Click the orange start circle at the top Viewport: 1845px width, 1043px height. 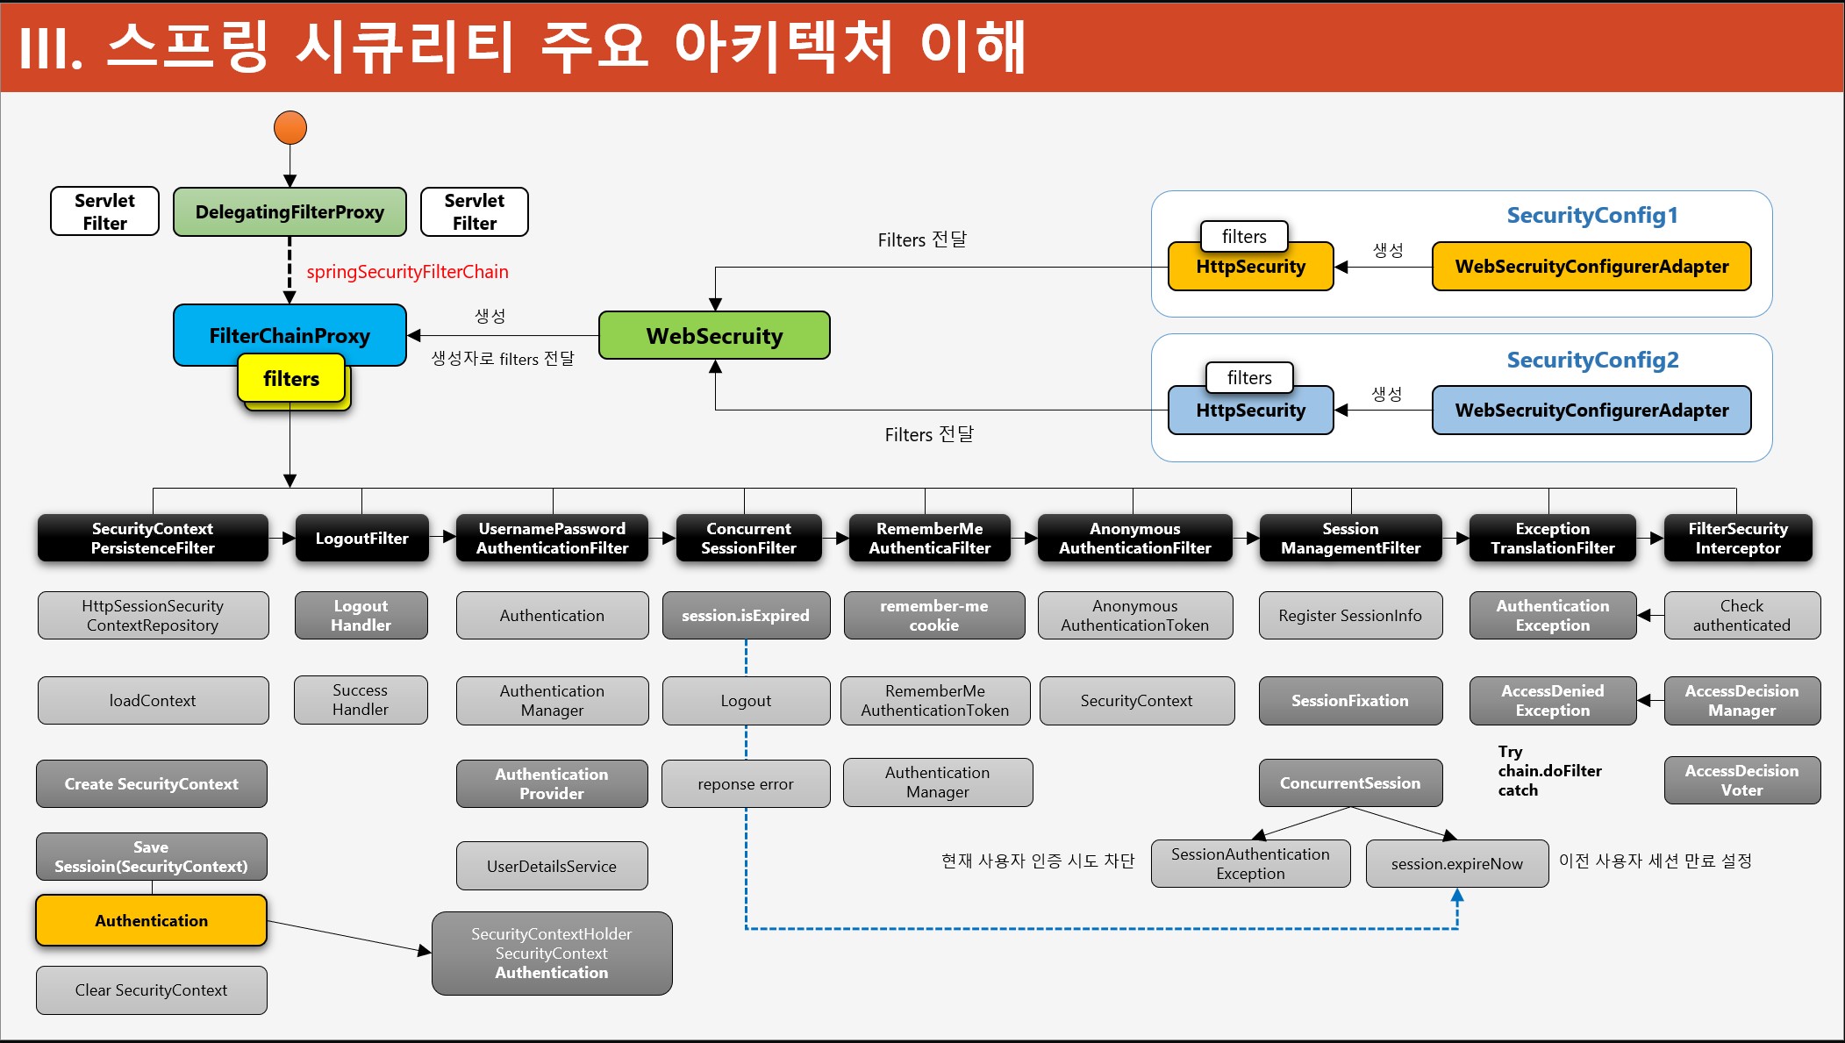290,128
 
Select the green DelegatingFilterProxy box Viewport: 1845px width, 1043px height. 290,212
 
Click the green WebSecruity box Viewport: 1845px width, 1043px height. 714,336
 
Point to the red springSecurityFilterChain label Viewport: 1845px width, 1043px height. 407,272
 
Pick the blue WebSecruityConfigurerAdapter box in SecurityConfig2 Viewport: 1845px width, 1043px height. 1591,411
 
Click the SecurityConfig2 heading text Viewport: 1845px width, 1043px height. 1592,360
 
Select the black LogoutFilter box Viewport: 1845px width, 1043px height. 361,539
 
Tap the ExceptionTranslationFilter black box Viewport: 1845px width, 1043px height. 1552,539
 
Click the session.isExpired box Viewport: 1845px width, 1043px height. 746,616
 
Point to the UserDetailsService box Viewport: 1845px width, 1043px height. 552,867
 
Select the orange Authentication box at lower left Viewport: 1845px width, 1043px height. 151,921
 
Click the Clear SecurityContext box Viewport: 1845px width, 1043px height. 151,990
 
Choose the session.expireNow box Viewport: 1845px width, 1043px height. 1456,864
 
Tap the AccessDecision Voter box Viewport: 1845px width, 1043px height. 1741,781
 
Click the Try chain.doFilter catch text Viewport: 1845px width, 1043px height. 1548,771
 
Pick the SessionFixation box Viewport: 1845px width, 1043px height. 1350,701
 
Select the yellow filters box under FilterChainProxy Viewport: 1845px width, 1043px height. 291,379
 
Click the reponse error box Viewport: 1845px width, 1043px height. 746,784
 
